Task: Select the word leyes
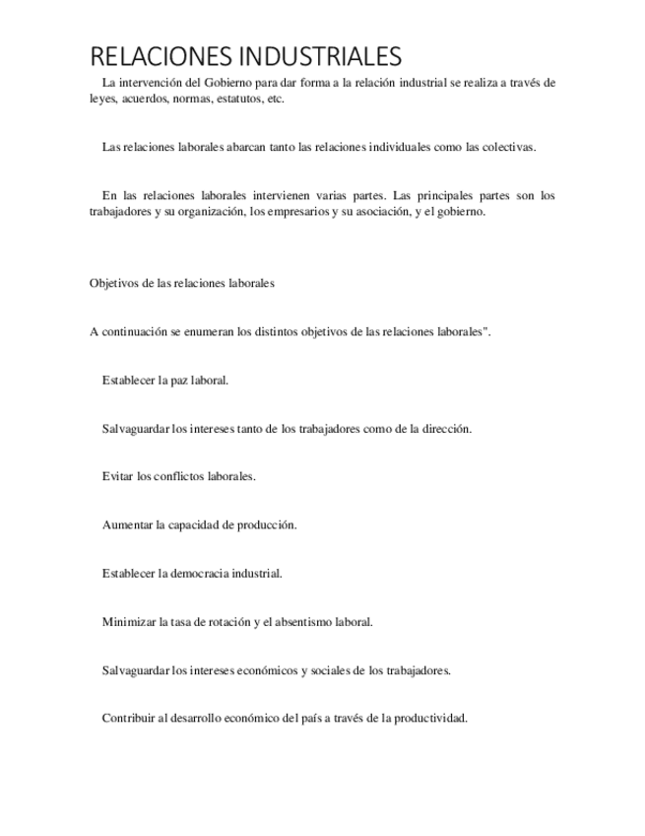click(103, 100)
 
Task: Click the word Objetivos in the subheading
click(113, 283)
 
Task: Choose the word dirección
click(442, 429)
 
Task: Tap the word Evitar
click(118, 476)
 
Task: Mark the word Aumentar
click(127, 524)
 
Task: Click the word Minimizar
click(129, 622)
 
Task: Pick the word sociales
click(331, 670)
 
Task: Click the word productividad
click(430, 719)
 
